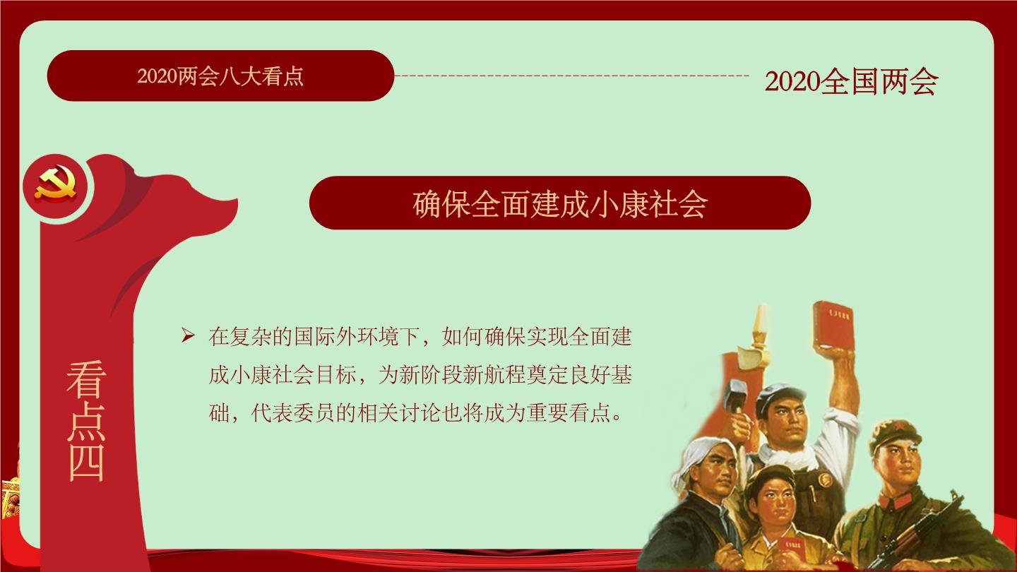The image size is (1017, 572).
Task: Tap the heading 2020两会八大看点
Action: tap(220, 76)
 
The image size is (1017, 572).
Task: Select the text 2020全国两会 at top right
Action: tap(851, 82)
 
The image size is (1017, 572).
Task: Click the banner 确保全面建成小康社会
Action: tap(560, 203)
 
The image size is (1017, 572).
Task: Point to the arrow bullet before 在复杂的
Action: tap(188, 336)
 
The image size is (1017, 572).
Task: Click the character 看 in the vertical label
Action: tap(86, 379)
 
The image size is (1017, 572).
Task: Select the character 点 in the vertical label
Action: tap(86, 421)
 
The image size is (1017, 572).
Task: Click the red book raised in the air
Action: tap(834, 325)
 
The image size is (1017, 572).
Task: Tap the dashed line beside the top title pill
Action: tap(572, 76)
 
